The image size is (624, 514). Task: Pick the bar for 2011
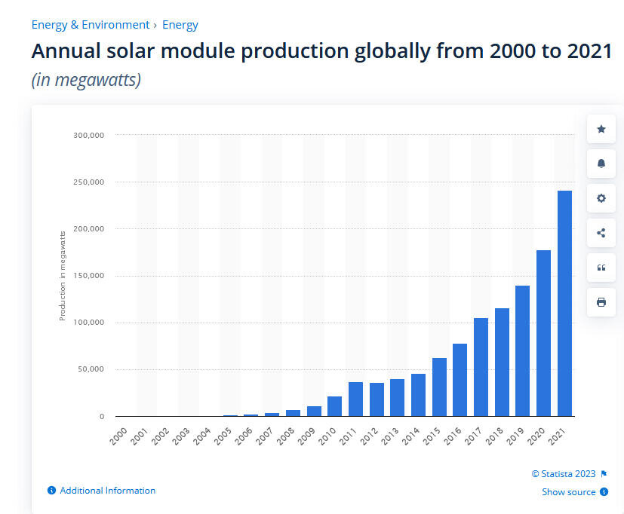(x=355, y=399)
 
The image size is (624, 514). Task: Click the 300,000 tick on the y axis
(x=88, y=136)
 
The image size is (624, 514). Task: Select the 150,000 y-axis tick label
(x=88, y=276)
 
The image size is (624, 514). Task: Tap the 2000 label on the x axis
(x=118, y=436)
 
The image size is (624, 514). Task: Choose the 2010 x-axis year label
(x=326, y=436)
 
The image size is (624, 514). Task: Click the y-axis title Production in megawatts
(x=63, y=276)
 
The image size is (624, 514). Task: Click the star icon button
(x=601, y=130)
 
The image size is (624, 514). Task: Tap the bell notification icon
(x=601, y=164)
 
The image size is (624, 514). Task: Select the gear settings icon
(x=601, y=198)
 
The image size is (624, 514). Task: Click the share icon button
(x=601, y=233)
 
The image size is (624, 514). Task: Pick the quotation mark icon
(x=601, y=268)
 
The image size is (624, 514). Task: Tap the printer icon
(x=601, y=302)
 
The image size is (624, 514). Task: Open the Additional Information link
(x=107, y=491)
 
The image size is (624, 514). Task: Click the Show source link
(x=568, y=492)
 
